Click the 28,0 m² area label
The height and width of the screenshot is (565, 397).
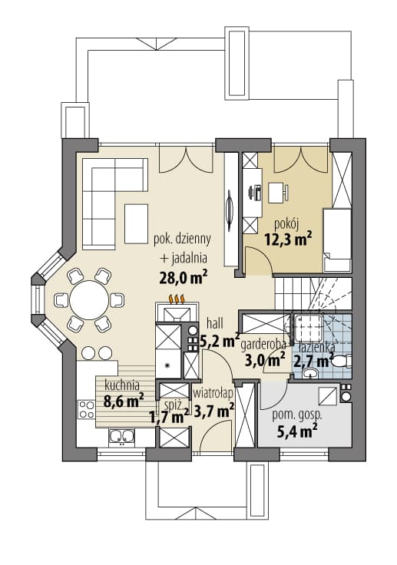point(184,277)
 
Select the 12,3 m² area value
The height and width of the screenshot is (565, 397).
point(288,239)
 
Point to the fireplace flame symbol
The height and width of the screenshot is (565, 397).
point(177,299)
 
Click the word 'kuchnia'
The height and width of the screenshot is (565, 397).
point(122,385)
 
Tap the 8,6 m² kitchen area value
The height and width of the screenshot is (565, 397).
point(124,401)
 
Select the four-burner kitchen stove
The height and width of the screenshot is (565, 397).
point(87,410)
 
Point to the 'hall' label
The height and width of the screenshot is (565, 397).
point(215,323)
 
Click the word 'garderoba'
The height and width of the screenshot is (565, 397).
point(263,345)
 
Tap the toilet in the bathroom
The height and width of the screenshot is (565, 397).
point(341,362)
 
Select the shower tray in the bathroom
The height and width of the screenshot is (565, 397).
point(308,327)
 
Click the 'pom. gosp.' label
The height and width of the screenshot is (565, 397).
point(296,416)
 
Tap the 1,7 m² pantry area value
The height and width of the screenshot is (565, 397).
point(170,417)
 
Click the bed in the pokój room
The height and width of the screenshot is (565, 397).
point(337,240)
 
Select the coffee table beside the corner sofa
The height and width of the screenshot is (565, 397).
point(136,223)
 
